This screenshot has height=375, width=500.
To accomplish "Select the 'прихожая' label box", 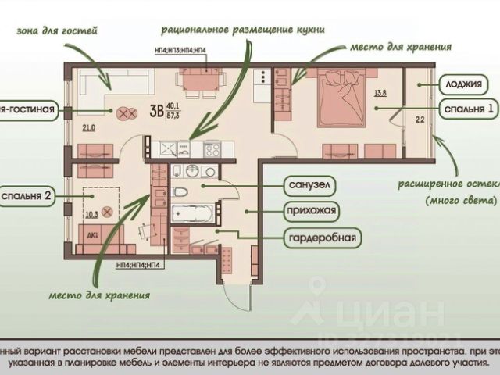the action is [311, 211].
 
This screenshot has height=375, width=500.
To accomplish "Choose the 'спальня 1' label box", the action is [466, 109].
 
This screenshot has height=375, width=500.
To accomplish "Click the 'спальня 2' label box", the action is [28, 195].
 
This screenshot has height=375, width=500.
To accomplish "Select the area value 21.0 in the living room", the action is [87, 128].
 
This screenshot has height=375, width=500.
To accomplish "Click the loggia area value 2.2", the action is [419, 120].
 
